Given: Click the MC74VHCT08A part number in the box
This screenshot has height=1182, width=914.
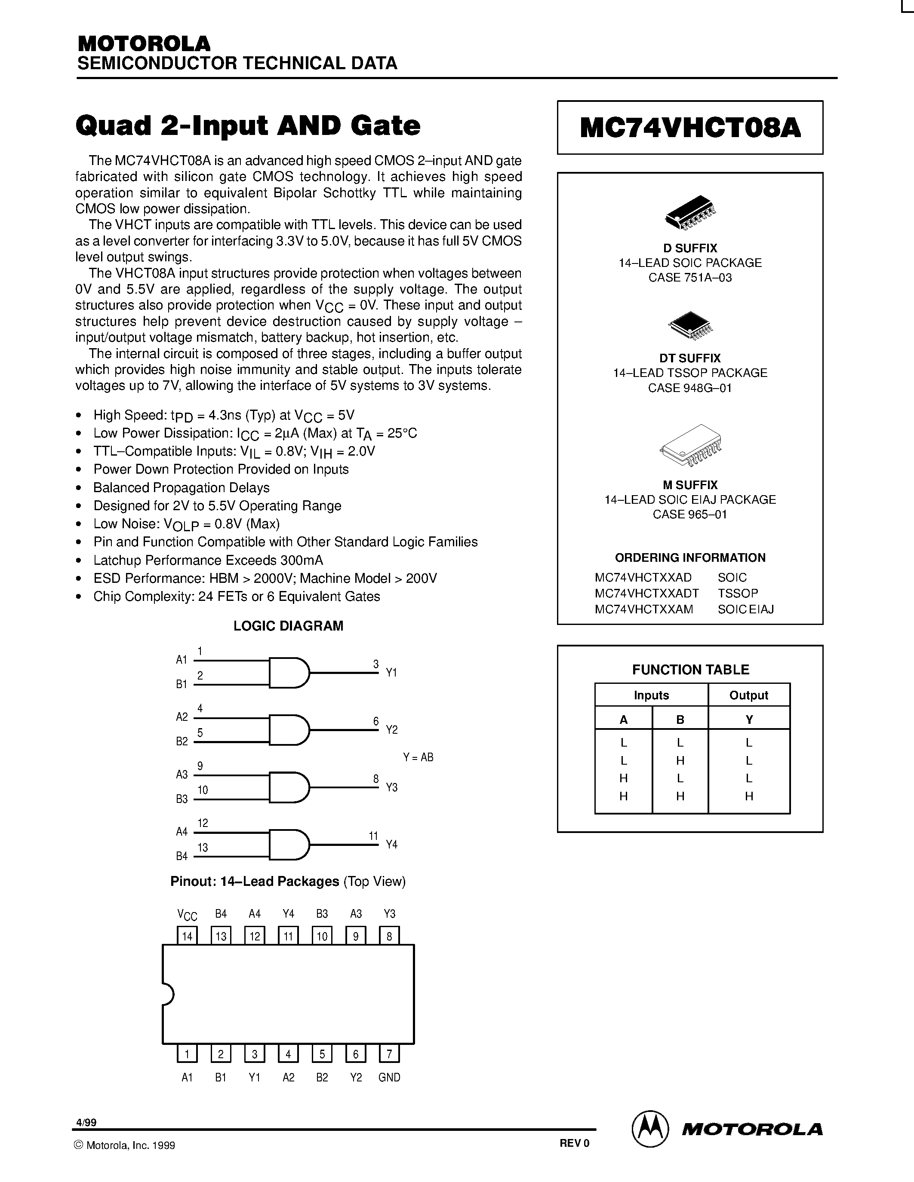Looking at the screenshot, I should (x=690, y=128).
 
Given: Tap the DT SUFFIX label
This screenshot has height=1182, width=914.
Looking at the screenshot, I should (x=690, y=358).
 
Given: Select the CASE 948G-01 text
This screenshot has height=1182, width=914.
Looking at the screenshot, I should (x=690, y=388).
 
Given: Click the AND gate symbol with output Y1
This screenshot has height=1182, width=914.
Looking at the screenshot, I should (x=289, y=673).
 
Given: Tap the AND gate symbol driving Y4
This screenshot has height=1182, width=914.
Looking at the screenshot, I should (x=289, y=844).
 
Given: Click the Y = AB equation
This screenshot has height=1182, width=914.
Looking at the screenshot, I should (x=418, y=757).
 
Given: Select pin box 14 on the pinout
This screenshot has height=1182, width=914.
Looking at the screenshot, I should (x=188, y=936).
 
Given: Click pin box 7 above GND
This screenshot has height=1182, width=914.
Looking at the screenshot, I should (x=389, y=1054).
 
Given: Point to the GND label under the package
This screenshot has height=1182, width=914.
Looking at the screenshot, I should (x=389, y=1078).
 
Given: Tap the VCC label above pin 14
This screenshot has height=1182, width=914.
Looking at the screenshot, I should (x=188, y=915).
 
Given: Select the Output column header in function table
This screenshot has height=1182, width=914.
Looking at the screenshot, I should (x=748, y=695).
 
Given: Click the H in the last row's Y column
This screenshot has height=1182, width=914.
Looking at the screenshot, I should (x=749, y=796).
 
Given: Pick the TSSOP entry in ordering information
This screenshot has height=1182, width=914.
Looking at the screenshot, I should (x=738, y=593).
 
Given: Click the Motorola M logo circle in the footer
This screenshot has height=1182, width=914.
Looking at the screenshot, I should (x=650, y=1130).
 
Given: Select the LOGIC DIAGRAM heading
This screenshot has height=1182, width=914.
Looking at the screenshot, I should (x=288, y=626).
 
